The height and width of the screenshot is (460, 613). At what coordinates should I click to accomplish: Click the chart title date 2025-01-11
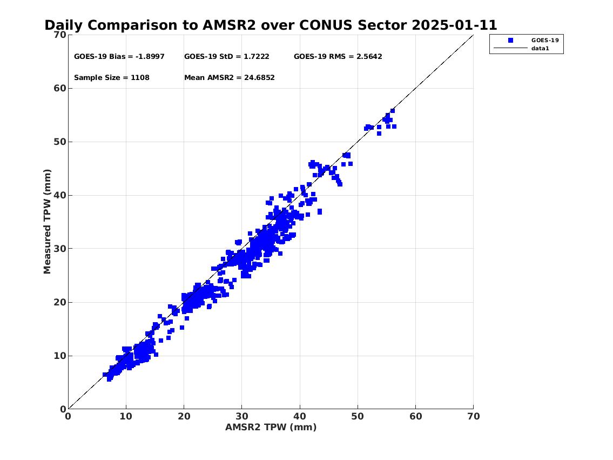pos(454,25)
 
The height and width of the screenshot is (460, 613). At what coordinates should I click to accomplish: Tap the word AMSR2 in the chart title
pos(229,25)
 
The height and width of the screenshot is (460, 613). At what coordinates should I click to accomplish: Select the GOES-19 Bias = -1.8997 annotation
pos(119,56)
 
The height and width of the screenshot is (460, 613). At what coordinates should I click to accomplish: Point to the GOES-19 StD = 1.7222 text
pos(227,56)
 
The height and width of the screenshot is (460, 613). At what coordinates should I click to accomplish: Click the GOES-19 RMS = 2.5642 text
pos(338,56)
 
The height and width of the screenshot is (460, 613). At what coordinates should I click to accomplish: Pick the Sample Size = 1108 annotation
pos(112,77)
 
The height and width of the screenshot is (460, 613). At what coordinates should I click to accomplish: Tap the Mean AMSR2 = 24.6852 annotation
pos(230,77)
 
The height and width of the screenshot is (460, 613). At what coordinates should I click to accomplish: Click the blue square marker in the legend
pos(510,41)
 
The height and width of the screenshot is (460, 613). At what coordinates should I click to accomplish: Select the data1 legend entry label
pos(540,49)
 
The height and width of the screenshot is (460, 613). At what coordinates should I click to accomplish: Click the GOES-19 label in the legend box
pos(544,41)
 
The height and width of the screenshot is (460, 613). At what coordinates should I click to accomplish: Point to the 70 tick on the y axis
pos(60,35)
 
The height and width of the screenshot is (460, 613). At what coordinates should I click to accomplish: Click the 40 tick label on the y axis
pos(60,195)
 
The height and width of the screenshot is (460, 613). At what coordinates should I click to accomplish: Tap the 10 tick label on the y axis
pos(60,356)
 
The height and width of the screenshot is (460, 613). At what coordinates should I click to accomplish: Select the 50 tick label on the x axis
pos(358,416)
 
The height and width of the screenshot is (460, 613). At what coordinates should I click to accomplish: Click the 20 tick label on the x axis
pos(184,416)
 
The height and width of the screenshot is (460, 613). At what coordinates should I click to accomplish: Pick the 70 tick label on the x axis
pos(474,416)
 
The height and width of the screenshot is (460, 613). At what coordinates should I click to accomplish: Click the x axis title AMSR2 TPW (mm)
pos(271,427)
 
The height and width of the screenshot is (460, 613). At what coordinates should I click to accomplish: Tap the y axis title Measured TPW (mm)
pos(47,222)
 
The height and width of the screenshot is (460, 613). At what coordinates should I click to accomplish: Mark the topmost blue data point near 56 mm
pos(393,111)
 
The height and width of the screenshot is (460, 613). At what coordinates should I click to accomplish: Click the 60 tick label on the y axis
pos(60,88)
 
